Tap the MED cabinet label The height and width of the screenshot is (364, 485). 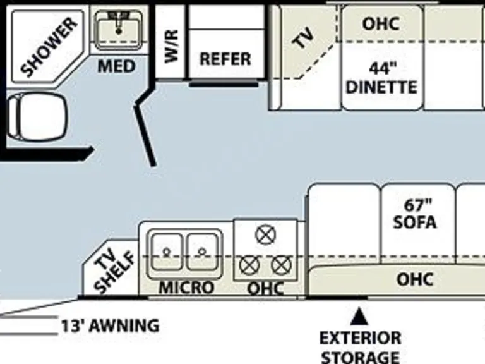pyautogui.click(x=116, y=66)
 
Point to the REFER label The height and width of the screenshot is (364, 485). pyautogui.click(x=225, y=59)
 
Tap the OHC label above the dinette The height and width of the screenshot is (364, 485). pyautogui.click(x=381, y=24)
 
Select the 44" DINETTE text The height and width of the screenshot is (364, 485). pyautogui.click(x=381, y=78)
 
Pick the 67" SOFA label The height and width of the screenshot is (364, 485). pyautogui.click(x=415, y=214)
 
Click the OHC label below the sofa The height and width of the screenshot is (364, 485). pyautogui.click(x=415, y=279)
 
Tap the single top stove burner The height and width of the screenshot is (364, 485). pyautogui.click(x=265, y=235)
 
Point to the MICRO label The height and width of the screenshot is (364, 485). pyautogui.click(x=186, y=288)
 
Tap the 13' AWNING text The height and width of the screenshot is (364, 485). pyautogui.click(x=110, y=326)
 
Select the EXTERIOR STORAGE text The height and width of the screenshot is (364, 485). pyautogui.click(x=360, y=347)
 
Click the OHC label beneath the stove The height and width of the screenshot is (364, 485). pyautogui.click(x=265, y=289)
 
